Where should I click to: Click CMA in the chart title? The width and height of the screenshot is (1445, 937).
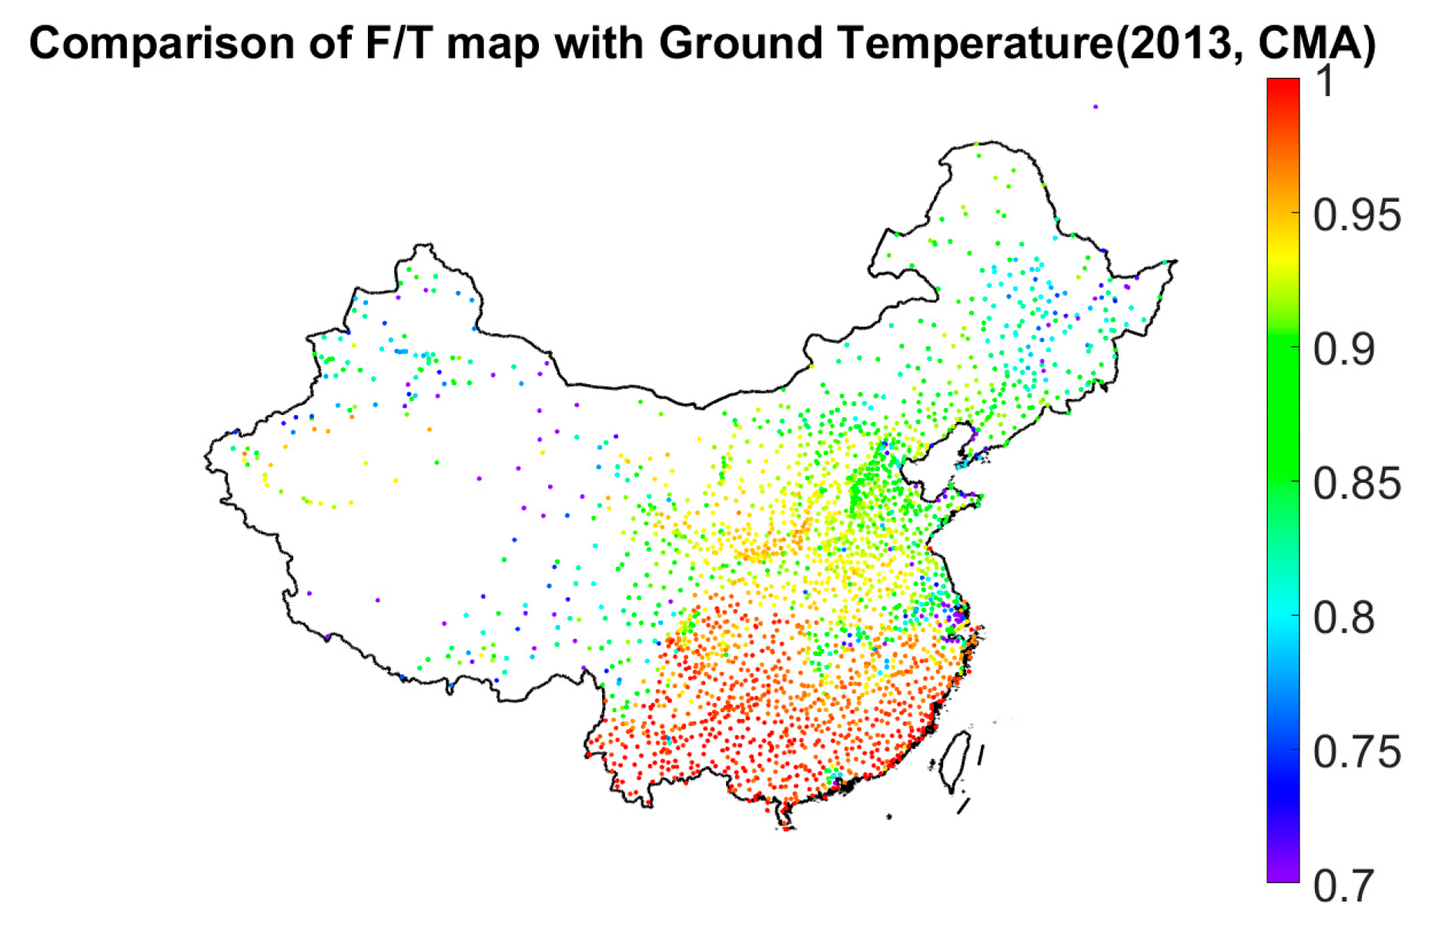click(x=1309, y=44)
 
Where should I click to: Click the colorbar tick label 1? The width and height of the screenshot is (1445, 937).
click(x=1324, y=81)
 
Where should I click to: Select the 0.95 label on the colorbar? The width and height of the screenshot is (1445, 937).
click(x=1356, y=216)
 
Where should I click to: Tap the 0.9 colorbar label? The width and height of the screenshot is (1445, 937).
click(x=1343, y=350)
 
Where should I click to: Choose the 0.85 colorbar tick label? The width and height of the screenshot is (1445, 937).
click(x=1356, y=484)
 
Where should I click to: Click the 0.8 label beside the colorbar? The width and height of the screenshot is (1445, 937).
click(x=1343, y=618)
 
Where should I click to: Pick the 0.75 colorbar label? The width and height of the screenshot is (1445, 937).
click(x=1356, y=753)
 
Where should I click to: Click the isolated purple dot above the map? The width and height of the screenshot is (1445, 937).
click(x=1095, y=107)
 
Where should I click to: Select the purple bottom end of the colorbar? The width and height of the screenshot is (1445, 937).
click(x=1283, y=874)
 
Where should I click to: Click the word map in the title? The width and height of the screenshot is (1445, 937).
click(x=492, y=44)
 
